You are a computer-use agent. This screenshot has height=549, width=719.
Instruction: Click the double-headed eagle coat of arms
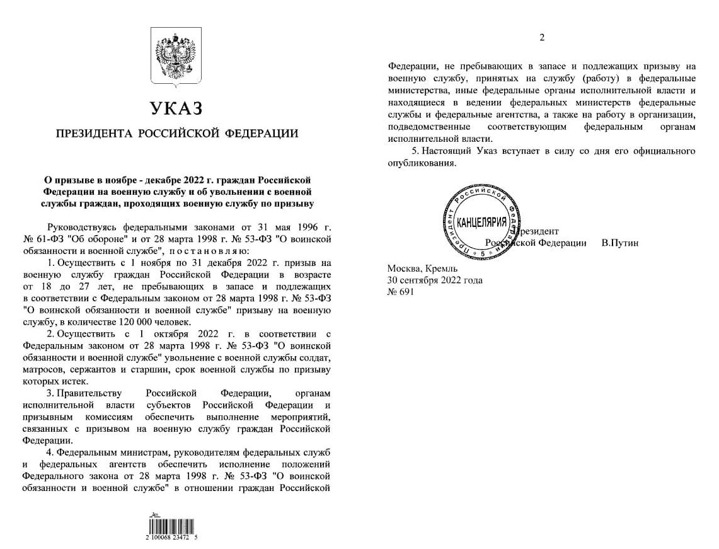coord(176,56)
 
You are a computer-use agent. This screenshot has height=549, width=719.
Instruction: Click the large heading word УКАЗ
coord(176,109)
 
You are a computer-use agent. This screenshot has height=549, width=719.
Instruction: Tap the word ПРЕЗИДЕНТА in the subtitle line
coord(93,134)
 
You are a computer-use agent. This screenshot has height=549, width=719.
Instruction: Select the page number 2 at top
coord(542,37)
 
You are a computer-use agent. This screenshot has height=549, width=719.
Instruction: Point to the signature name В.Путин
coord(620,243)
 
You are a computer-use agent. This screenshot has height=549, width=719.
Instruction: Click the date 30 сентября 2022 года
coord(435,280)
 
